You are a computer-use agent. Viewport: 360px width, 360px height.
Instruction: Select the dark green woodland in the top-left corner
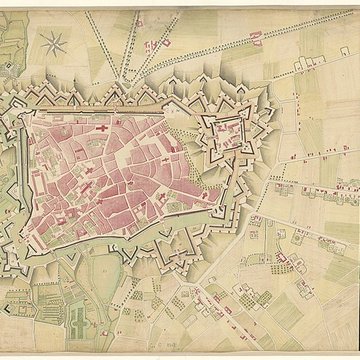[10, 20]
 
